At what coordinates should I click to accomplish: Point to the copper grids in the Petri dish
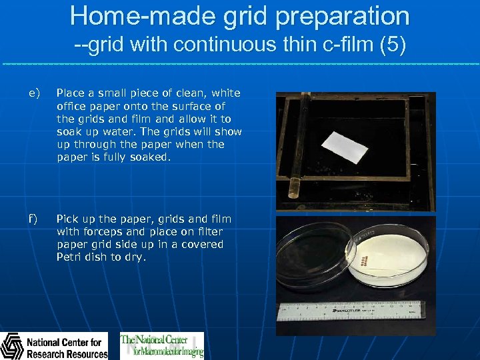tap(363, 259)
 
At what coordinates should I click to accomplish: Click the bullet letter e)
tap(34, 93)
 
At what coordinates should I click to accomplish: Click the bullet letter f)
tap(33, 219)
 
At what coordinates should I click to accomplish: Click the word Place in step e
tap(69, 93)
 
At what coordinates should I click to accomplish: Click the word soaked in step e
tap(151, 157)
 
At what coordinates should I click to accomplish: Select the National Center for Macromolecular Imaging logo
tap(162, 345)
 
